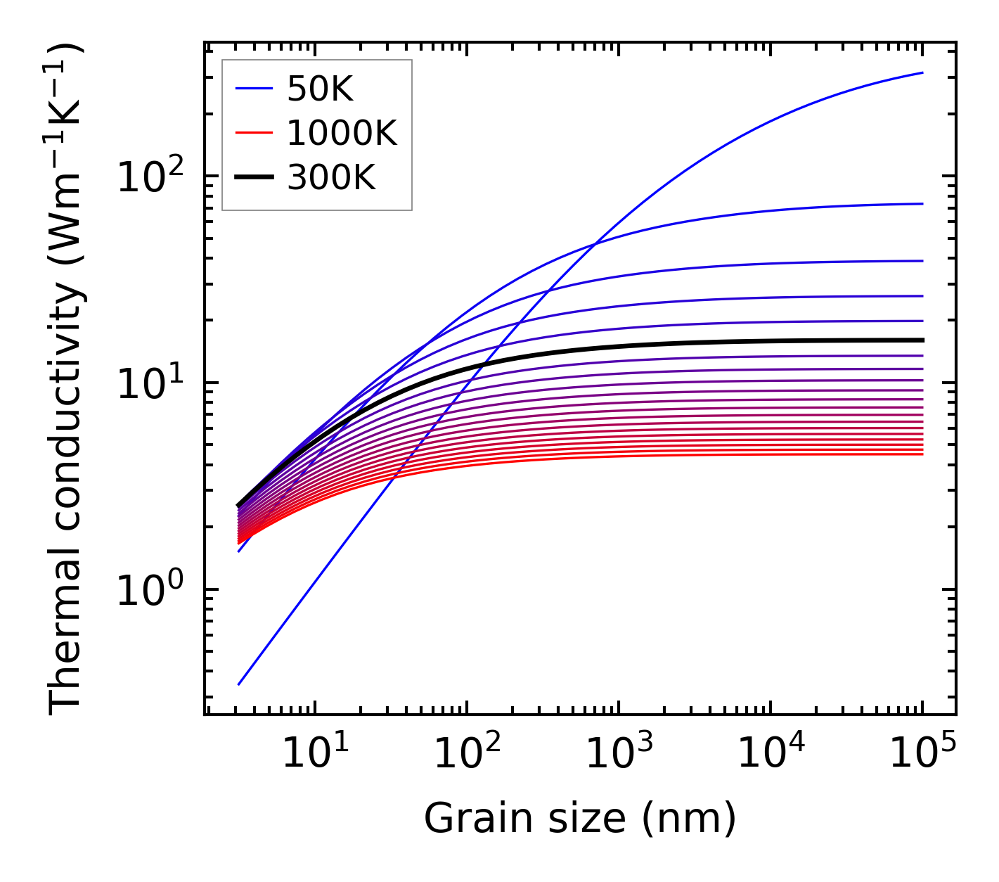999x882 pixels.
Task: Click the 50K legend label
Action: (320, 89)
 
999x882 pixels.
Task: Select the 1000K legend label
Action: (342, 133)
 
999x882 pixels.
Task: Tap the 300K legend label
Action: (331, 178)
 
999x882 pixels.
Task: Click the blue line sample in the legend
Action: (253, 89)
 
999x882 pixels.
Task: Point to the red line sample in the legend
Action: (253, 133)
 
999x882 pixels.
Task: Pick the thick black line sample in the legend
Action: (253, 178)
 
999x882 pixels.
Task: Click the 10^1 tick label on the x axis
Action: (315, 754)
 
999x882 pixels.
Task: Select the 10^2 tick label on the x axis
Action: (467, 754)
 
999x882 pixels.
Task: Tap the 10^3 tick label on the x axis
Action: (619, 754)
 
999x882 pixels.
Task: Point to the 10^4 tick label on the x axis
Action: (771, 754)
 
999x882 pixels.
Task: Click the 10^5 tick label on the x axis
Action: (922, 754)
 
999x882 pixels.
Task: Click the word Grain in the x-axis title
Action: (465, 819)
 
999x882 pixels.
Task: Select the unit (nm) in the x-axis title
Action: (689, 819)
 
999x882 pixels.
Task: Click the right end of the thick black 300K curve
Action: (922, 340)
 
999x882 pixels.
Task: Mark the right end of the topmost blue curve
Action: (922, 72)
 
